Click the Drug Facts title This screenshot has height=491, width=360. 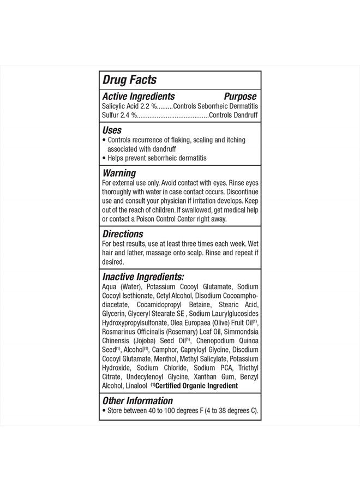tap(129, 80)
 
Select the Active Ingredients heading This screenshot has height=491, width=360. tap(139, 96)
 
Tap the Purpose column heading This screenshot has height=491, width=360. tap(241, 96)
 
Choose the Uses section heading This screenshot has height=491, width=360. tap(112, 130)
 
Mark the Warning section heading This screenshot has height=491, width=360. tap(120, 173)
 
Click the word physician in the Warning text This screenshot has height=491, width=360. tap(181, 201)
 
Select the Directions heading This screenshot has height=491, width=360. tap(123, 234)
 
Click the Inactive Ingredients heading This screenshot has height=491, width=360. tap(143, 277)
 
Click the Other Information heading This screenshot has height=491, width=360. tap(137, 401)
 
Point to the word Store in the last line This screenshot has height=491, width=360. tap(115, 411)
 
